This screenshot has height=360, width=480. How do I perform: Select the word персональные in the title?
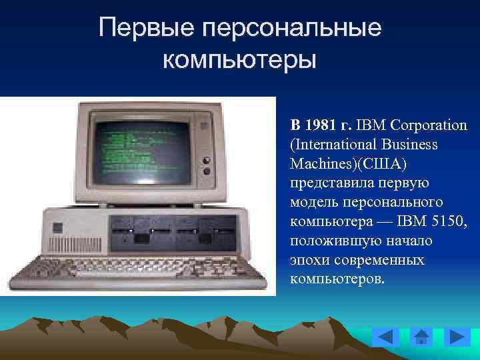(293, 28)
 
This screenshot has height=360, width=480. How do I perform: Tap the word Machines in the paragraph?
(318, 163)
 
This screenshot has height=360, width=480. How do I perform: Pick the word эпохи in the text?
(308, 258)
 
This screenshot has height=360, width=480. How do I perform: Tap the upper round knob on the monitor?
(206, 160)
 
